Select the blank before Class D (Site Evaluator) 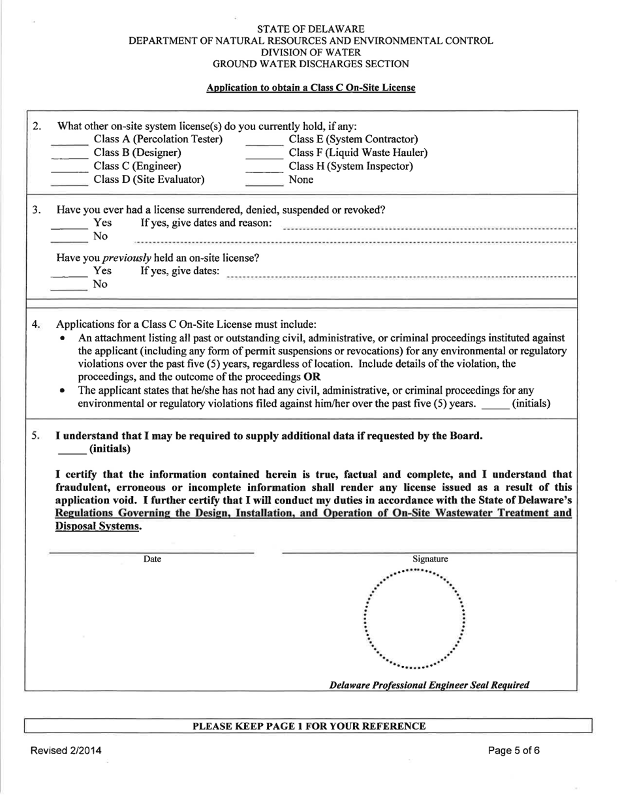pyautogui.click(x=69, y=181)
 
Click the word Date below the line pyautogui.click(x=152, y=559)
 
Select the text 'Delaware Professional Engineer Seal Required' pyautogui.click(x=429, y=685)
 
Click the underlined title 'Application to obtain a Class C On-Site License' pyautogui.click(x=311, y=87)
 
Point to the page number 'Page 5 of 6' pyautogui.click(x=514, y=750)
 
